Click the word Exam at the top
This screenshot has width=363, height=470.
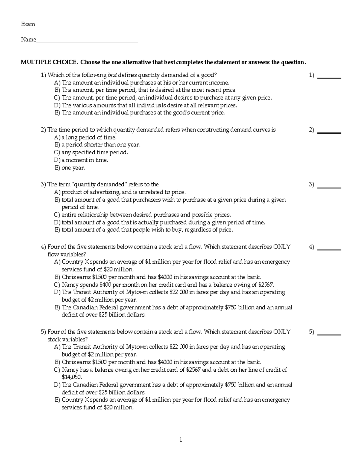pos(28,24)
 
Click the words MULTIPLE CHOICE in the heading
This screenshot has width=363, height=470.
pos(49,62)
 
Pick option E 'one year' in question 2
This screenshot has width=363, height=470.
pos(70,168)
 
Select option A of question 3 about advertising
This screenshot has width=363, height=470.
pos(120,192)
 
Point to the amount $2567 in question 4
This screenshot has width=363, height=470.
pos(266,285)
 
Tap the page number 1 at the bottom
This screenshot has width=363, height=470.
pos(181,440)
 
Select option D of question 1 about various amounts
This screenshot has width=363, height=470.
pos(146,105)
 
